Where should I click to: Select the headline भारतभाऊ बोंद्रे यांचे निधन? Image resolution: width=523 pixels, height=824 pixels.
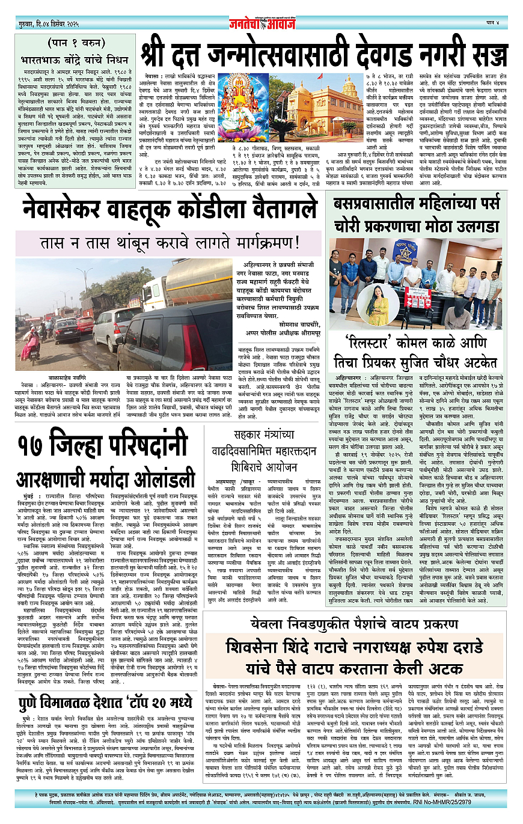click(74, 60)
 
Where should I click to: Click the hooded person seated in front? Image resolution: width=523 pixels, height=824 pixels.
click(459, 313)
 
